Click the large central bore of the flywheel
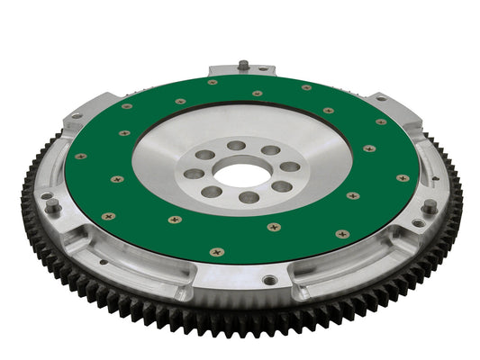click(242, 172)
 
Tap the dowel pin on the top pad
click(243, 65)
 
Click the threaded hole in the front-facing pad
click(269, 280)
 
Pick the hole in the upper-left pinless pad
click(77, 114)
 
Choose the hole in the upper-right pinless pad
click(381, 97)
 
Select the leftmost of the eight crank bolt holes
click(192, 174)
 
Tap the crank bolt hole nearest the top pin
click(236, 145)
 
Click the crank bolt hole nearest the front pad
click(249, 197)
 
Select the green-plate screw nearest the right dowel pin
click(402, 178)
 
